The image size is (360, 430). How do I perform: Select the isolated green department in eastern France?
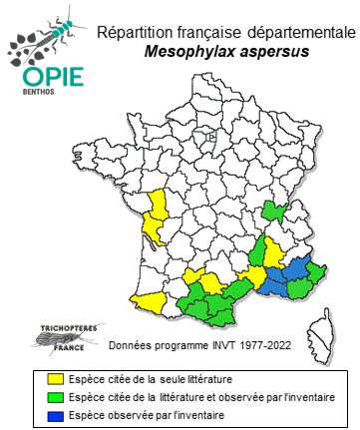pos(272,211)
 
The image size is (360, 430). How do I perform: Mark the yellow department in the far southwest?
pos(150,300)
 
